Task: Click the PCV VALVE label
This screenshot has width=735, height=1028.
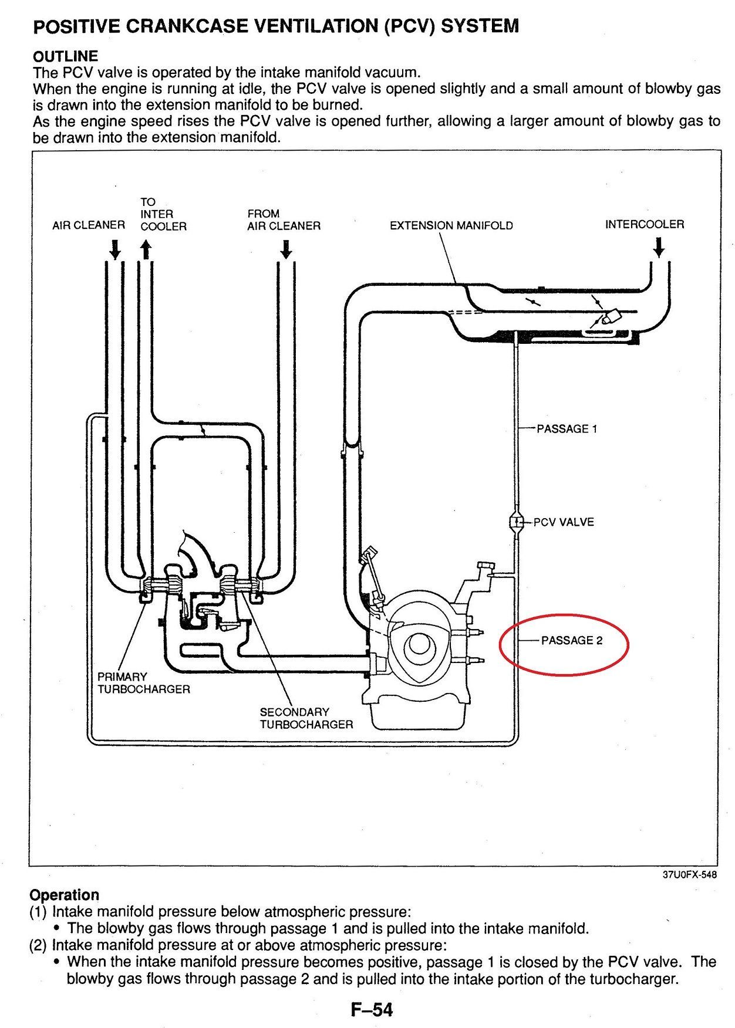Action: [x=564, y=522]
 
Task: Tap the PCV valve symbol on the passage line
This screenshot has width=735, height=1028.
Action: [x=517, y=522]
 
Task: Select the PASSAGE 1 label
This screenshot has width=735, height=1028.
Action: [x=567, y=428]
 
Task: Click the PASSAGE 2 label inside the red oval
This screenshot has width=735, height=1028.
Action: [x=572, y=640]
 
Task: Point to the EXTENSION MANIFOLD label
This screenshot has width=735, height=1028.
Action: [x=451, y=225]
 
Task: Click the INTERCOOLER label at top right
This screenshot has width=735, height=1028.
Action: [x=645, y=224]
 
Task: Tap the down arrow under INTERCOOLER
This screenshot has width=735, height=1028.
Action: [x=659, y=247]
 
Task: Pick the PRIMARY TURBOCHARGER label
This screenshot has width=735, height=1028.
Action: [x=144, y=682]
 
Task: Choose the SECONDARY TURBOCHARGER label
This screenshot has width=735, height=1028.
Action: [x=306, y=718]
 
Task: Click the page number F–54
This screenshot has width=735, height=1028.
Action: [x=372, y=1010]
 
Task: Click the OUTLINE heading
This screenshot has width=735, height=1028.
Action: [x=66, y=56]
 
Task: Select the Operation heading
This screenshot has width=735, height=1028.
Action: [x=65, y=895]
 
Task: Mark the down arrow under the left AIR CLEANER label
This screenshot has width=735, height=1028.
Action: [x=115, y=249]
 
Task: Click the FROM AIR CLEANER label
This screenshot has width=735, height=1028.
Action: [x=284, y=219]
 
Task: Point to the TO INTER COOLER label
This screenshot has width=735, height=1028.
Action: [x=163, y=214]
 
